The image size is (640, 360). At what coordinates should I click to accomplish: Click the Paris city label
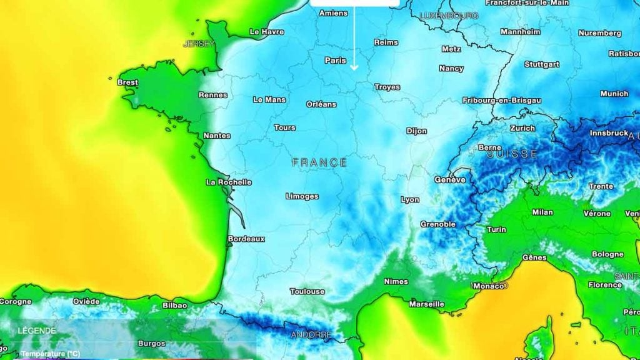coord(336,61)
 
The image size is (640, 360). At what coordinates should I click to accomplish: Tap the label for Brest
coord(127,82)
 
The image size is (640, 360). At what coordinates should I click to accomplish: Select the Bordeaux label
coord(246,239)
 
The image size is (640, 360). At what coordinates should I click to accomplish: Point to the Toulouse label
coord(307,291)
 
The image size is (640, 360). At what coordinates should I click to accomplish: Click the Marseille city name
coord(427,304)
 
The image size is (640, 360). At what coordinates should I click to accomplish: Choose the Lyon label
coord(410,200)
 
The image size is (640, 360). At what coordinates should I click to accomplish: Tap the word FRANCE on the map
coord(319,162)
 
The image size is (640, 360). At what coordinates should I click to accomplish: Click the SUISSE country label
coord(512,154)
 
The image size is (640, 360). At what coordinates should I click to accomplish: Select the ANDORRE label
coord(311,335)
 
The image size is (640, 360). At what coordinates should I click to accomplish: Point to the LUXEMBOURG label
coord(449,15)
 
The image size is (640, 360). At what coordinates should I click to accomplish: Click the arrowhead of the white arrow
coord(354,67)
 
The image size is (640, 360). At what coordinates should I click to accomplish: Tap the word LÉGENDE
coord(37,331)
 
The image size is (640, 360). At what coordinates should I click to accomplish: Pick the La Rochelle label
coord(229,182)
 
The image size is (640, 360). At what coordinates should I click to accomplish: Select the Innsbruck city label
coord(608,133)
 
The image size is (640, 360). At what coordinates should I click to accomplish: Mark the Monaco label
coord(488,286)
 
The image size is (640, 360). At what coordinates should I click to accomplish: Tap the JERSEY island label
coord(199,44)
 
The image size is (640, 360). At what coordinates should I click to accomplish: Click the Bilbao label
coord(174,305)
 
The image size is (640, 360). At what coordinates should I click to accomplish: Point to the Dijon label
coord(417,131)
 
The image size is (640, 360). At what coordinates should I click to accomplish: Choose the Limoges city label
coord(302,196)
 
